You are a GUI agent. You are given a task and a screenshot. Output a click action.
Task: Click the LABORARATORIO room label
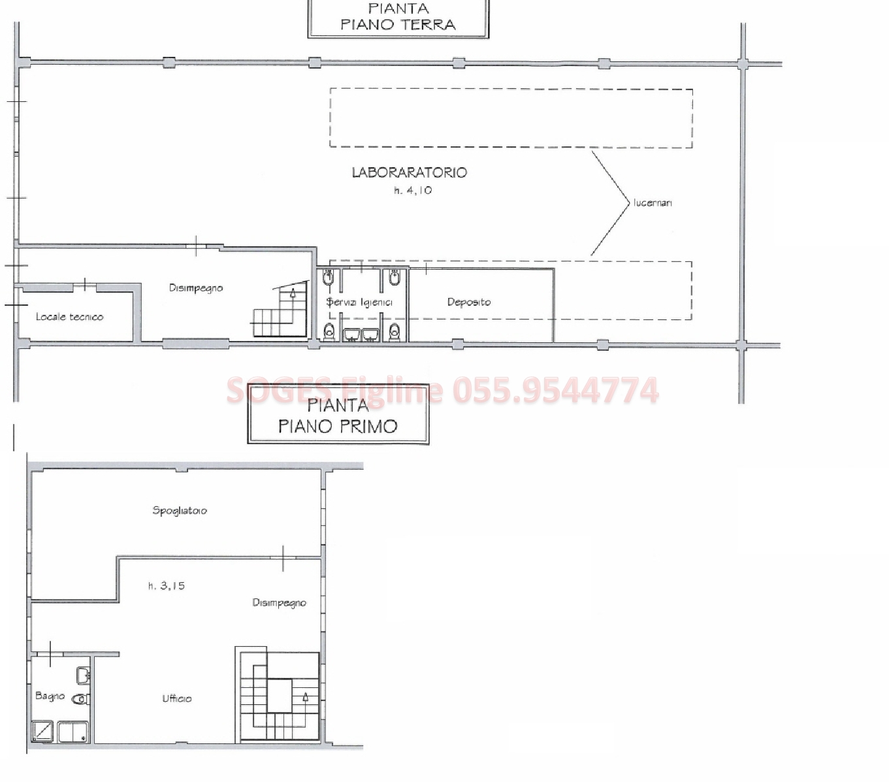pos(410,172)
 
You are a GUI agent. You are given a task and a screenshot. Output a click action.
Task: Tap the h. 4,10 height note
pos(413,191)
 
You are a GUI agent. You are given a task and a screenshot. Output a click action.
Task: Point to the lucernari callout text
pos(653,203)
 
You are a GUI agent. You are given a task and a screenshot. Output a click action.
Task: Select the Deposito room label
pos(468,302)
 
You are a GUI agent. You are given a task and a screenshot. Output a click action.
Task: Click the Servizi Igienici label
pos(359,302)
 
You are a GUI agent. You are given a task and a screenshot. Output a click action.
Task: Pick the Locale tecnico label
pos(69,317)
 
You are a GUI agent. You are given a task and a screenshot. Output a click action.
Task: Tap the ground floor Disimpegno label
pos(196,288)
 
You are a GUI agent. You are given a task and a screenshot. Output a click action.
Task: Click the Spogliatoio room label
pos(180,511)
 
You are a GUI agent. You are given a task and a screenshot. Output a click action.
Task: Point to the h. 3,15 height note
pos(167,586)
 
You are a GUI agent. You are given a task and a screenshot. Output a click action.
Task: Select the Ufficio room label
pos(177,698)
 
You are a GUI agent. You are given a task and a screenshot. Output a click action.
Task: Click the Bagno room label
pos(50,696)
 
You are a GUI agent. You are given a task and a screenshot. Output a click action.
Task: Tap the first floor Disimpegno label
pos(279,603)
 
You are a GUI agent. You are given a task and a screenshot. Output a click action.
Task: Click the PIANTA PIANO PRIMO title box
pos(338,414)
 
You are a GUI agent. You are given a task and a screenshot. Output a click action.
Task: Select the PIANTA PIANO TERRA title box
pos(398,18)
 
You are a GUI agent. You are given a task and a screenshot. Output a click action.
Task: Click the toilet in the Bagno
pos(81,699)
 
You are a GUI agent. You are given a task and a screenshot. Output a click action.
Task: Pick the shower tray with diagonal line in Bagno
pos(43,730)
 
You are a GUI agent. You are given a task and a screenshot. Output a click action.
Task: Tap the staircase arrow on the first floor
pos(306,696)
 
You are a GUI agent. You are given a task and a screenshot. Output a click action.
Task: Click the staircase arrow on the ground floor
pos(293,292)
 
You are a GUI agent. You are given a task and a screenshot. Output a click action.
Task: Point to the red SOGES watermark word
pos(279,390)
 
